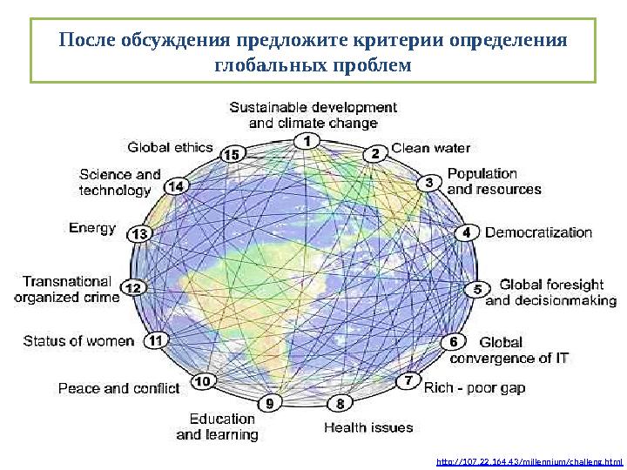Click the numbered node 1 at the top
306,140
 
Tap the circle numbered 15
230,154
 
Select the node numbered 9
269,403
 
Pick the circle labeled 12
133,287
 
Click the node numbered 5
476,289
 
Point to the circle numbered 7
408,381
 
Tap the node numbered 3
429,183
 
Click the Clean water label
430,149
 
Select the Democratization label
538,232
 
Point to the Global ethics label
170,148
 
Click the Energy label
92,228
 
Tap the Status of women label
78,340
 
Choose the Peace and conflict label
118,388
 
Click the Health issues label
368,427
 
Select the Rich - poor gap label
475,388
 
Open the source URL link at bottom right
529,460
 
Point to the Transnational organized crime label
67,289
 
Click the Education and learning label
218,426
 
